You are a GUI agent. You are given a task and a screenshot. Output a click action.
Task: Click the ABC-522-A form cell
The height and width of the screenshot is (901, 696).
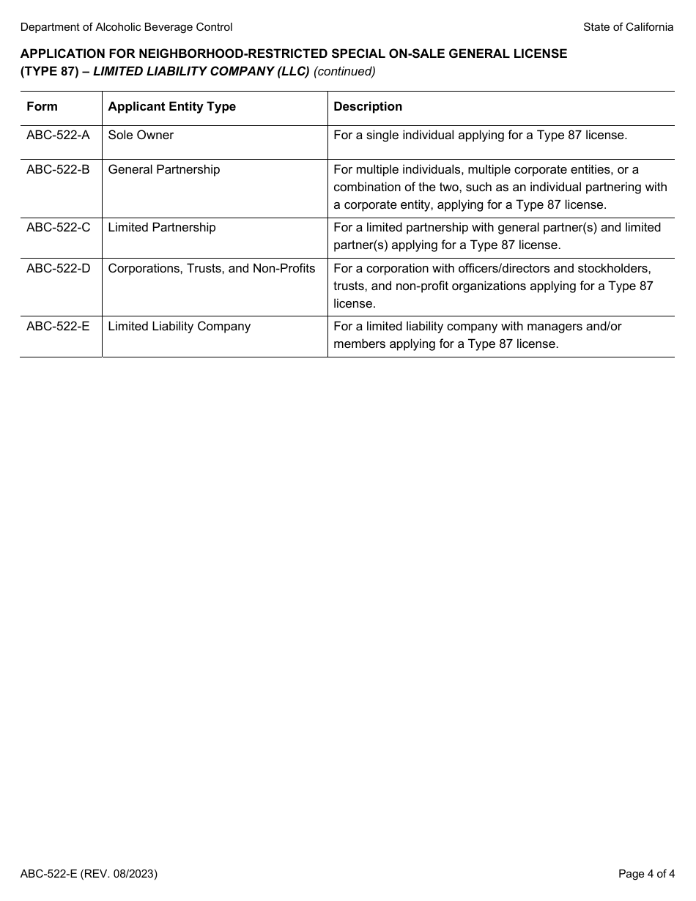pyautogui.click(x=58, y=136)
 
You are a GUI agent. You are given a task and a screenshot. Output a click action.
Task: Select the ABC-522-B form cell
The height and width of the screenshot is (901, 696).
pyautogui.click(x=58, y=170)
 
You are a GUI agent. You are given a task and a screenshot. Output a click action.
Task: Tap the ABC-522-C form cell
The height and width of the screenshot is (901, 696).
pyautogui.click(x=58, y=228)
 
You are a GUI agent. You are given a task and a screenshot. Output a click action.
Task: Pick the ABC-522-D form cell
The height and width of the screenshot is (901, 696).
pyautogui.click(x=58, y=269)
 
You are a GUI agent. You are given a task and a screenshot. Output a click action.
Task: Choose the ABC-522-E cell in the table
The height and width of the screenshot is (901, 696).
pyautogui.click(x=58, y=327)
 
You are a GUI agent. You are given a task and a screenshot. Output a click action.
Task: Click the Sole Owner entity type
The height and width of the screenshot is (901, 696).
pyautogui.click(x=141, y=136)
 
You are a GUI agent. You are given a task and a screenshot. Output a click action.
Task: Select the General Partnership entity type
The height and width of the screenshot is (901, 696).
pyautogui.click(x=163, y=170)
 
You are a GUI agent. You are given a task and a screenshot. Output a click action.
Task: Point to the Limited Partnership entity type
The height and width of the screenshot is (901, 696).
pyautogui.click(x=161, y=228)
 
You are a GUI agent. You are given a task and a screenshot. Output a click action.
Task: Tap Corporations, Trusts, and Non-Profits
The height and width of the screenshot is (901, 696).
pyautogui.click(x=211, y=269)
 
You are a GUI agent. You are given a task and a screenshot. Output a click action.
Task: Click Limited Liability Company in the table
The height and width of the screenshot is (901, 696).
pyautogui.click(x=179, y=327)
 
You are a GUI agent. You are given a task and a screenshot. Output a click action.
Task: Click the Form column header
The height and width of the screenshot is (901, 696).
pyautogui.click(x=42, y=107)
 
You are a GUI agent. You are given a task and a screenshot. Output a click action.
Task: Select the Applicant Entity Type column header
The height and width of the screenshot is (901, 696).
pyautogui.click(x=171, y=107)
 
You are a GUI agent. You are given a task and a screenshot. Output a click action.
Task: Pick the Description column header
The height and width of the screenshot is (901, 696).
pyautogui.click(x=368, y=107)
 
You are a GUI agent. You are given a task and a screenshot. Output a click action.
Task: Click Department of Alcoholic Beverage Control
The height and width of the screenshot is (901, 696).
pyautogui.click(x=126, y=27)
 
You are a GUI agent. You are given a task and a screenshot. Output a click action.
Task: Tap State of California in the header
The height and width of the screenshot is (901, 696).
pyautogui.click(x=628, y=27)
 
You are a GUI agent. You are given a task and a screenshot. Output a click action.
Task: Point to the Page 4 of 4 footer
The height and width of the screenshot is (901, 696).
pyautogui.click(x=645, y=874)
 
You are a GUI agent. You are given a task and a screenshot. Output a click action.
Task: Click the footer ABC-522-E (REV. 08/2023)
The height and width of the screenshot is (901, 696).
pyautogui.click(x=89, y=874)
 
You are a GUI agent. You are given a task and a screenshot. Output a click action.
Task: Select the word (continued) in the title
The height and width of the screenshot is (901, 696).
pyautogui.click(x=344, y=71)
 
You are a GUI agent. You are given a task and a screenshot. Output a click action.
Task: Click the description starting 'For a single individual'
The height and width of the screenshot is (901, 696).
pyautogui.click(x=480, y=136)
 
